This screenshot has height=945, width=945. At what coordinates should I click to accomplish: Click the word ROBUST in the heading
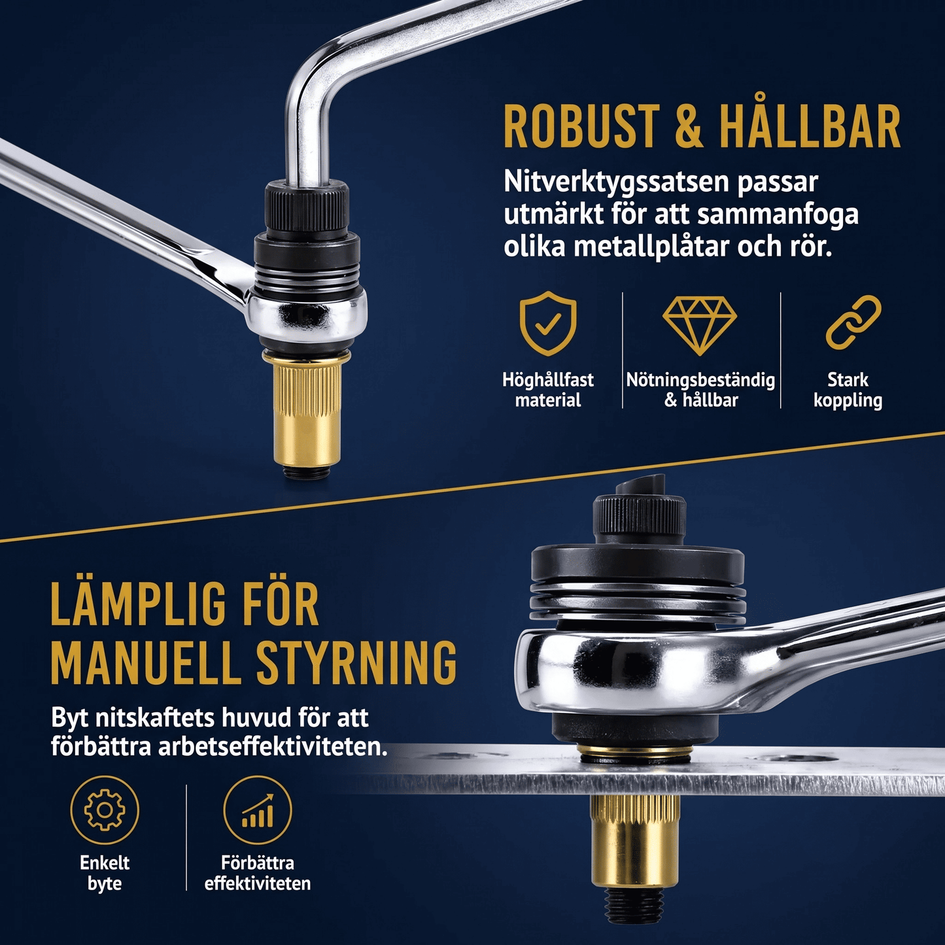click(x=581, y=127)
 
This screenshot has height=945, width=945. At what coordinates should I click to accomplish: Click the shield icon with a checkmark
click(x=548, y=322)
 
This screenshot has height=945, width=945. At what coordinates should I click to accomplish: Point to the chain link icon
click(x=853, y=322)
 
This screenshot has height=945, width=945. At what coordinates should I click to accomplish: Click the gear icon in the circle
click(x=105, y=810)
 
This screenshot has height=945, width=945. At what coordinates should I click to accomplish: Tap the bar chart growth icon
click(x=258, y=810)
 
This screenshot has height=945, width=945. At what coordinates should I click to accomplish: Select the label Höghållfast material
click(x=548, y=390)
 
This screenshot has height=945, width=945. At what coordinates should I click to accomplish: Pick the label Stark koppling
click(x=848, y=390)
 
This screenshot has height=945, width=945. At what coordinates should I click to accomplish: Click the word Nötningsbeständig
click(x=701, y=381)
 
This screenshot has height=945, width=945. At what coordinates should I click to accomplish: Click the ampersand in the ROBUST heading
click(x=689, y=127)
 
